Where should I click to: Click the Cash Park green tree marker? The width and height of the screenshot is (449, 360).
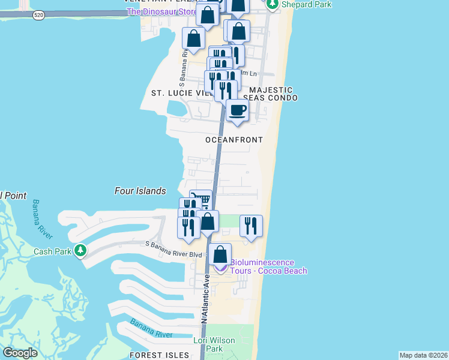(x=80, y=250)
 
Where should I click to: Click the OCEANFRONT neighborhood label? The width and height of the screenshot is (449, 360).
(x=234, y=140)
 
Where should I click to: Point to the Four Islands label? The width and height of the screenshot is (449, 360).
(x=140, y=191)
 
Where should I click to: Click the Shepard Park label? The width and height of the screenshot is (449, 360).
(x=299, y=5)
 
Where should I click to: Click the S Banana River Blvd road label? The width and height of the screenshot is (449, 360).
(x=176, y=244)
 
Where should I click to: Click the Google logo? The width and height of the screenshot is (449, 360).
(x=20, y=352)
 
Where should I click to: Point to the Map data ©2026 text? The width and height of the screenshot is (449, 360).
(x=423, y=355)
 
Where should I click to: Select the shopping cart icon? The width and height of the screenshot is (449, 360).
(x=202, y=199)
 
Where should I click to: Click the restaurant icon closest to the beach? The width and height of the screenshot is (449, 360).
(x=251, y=226)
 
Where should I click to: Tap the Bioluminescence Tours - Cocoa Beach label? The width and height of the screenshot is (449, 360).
(x=264, y=266)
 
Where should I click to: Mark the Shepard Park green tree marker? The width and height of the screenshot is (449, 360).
(x=273, y=5)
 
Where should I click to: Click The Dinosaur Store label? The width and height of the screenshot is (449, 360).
(x=161, y=11)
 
